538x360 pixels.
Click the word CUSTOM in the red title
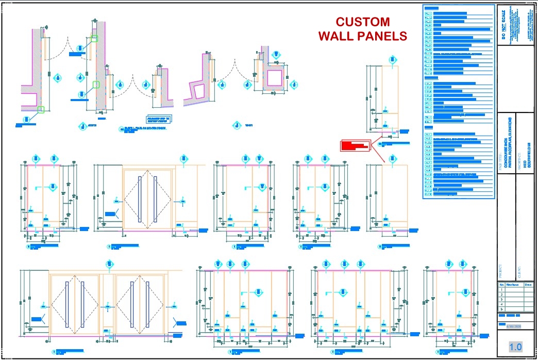tap(362, 22)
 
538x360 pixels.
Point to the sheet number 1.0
tap(515, 347)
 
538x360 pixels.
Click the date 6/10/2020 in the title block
tap(515, 326)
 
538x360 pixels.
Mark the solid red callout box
tap(356, 145)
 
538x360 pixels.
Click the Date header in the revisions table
tap(528, 284)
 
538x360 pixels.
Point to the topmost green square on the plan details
tap(94, 38)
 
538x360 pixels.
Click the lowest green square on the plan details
tap(41, 109)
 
